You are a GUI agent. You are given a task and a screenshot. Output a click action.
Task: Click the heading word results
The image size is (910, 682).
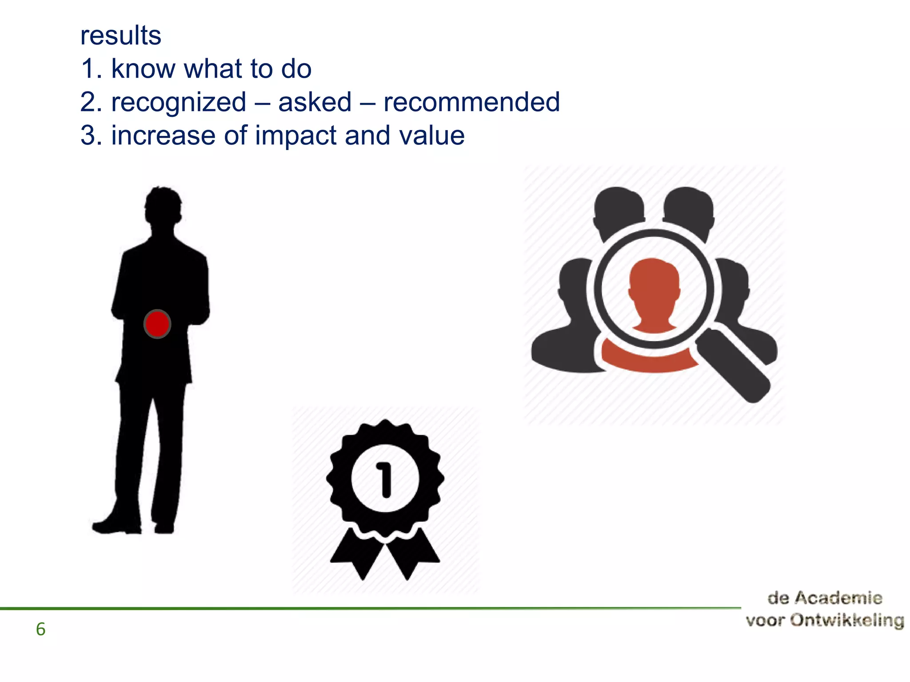[120, 36]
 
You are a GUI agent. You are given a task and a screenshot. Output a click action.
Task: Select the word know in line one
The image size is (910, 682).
[143, 69]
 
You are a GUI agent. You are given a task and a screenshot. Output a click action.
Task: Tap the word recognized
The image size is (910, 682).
[179, 102]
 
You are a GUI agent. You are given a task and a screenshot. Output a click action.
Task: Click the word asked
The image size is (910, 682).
[315, 102]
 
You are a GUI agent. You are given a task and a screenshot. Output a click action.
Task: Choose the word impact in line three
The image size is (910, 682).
[295, 135]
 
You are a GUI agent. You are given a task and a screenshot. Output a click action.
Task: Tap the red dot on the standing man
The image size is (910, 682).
[157, 324]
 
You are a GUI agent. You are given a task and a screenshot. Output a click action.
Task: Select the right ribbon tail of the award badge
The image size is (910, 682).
[413, 555]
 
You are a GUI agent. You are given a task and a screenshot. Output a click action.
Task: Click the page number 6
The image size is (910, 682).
[40, 629]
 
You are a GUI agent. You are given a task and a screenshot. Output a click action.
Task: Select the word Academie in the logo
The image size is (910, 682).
[838, 598]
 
